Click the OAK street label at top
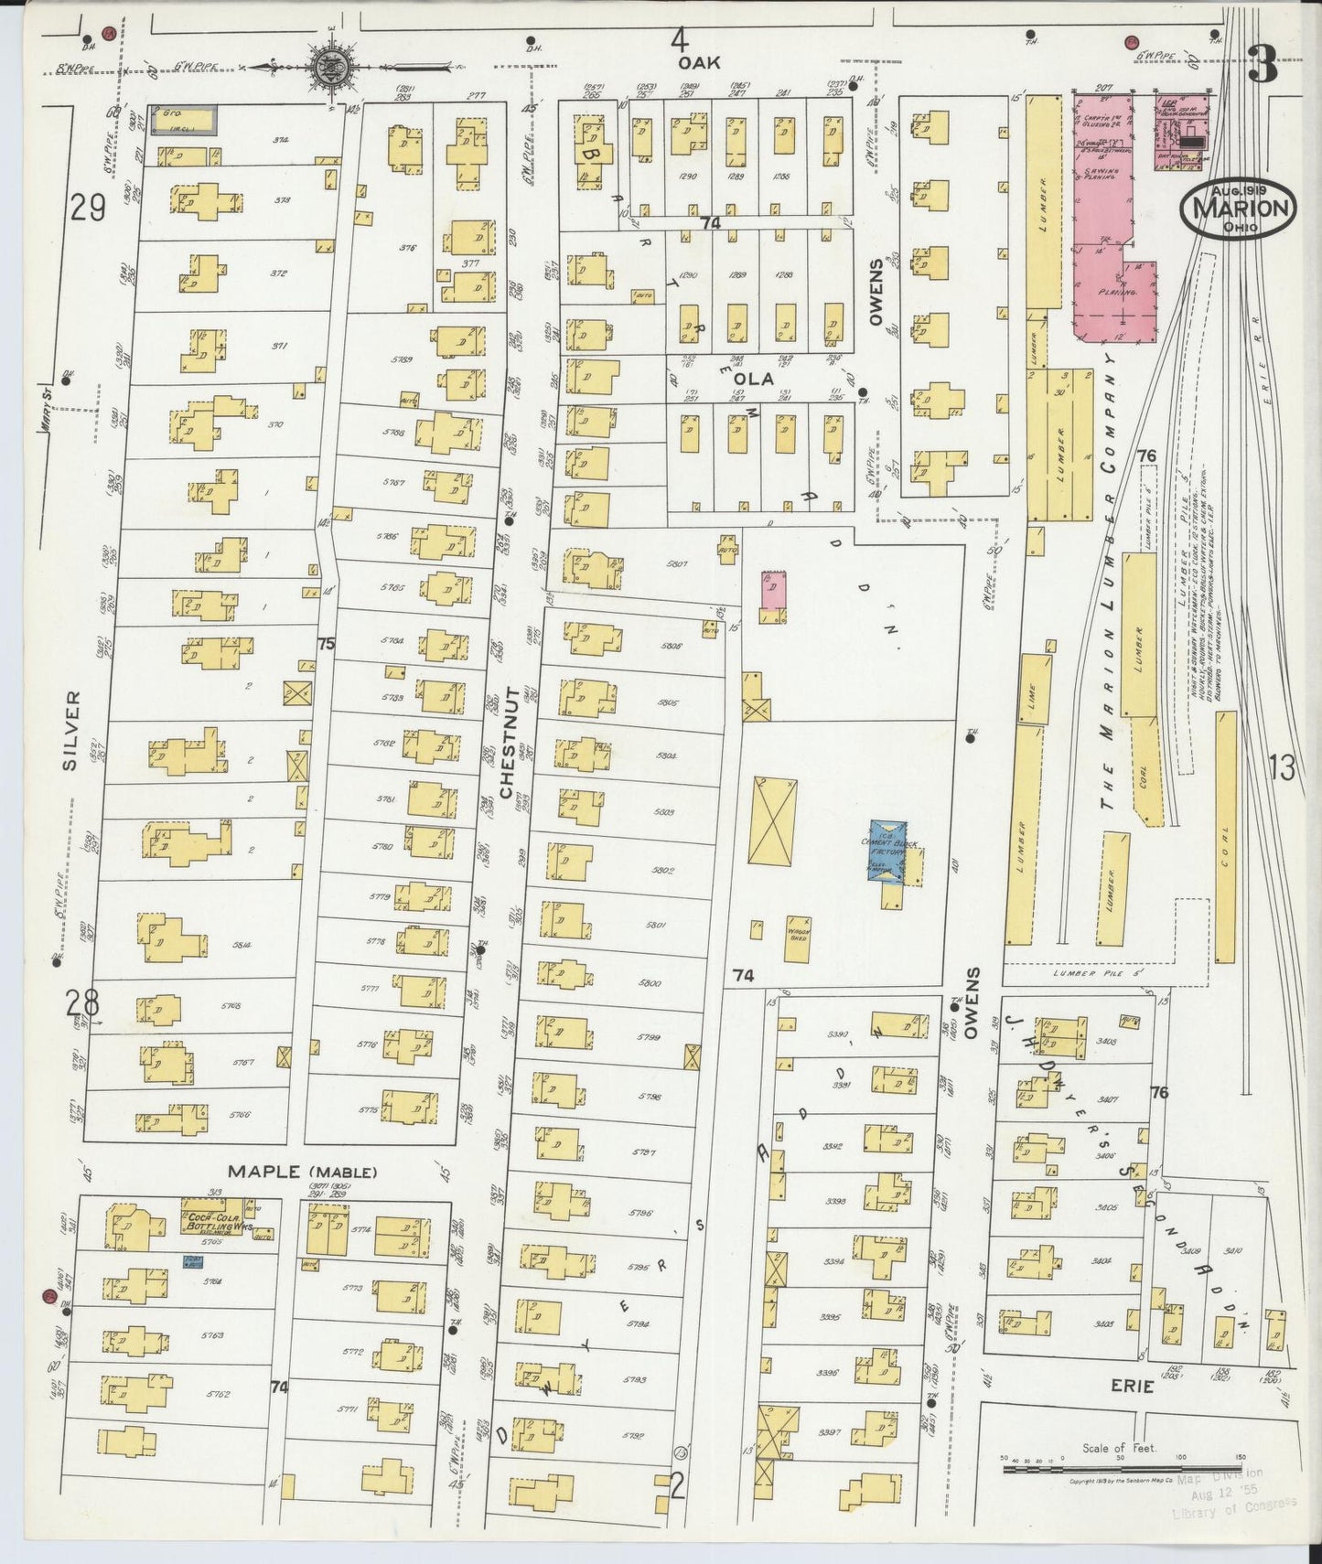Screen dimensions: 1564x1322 coord(699,62)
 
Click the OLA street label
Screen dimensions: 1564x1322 coord(759,379)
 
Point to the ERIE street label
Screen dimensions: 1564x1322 coord(1133,1387)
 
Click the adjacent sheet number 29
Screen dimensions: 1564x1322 coord(87,209)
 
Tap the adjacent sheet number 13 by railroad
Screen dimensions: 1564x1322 coord(1282,769)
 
